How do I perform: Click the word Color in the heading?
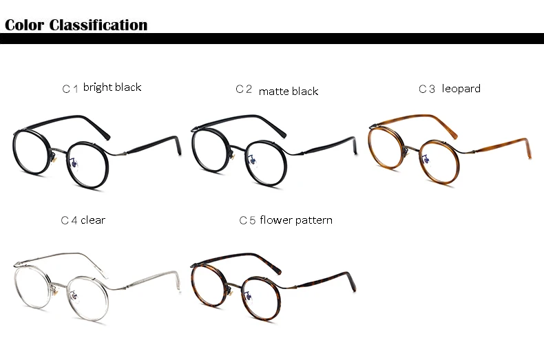(x=24, y=25)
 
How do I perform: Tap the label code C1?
(x=70, y=89)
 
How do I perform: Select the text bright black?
(x=112, y=87)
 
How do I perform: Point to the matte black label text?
(x=289, y=92)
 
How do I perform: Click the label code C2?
(x=244, y=89)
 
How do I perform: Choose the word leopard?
(x=461, y=89)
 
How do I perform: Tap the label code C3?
(x=427, y=89)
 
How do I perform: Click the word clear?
(x=93, y=220)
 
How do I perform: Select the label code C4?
(x=68, y=221)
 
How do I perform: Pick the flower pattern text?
(x=296, y=220)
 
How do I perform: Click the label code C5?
(x=247, y=221)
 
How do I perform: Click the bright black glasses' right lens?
(x=88, y=165)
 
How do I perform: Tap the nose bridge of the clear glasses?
(x=61, y=281)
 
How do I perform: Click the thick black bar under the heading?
(x=272, y=39)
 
